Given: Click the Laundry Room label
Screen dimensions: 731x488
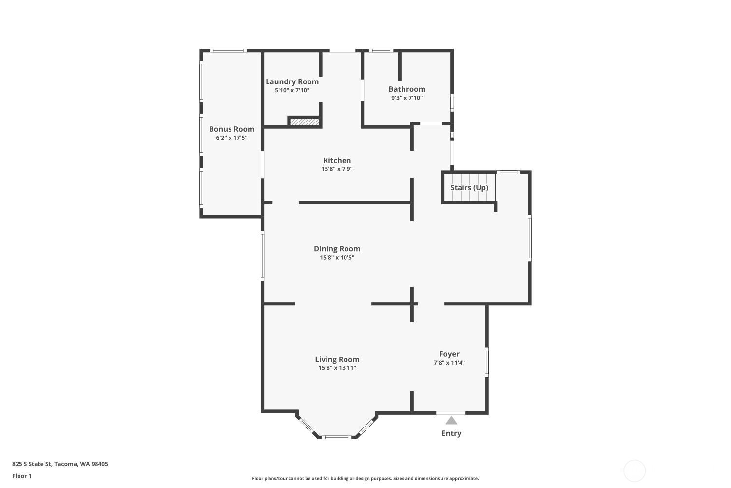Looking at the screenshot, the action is click(292, 81).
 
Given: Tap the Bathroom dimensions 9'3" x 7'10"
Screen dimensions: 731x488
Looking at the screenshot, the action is click(407, 98).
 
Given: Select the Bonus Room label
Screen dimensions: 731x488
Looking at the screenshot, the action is click(231, 129).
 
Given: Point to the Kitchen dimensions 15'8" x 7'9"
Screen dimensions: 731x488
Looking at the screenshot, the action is click(337, 169).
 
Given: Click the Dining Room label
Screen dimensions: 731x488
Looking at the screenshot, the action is click(337, 249).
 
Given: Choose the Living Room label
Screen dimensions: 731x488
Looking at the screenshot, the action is click(337, 359).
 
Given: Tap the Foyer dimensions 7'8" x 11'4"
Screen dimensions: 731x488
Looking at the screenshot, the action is click(449, 363).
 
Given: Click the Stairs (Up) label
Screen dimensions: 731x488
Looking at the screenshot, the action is click(469, 187).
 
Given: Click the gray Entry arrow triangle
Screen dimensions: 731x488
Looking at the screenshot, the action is click(451, 420).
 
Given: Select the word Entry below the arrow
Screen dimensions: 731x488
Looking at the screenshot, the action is click(451, 433).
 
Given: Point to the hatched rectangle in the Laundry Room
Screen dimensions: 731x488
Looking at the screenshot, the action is click(305, 122).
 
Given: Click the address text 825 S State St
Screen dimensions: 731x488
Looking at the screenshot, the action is click(32, 464).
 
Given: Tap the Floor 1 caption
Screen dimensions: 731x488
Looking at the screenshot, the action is click(22, 476).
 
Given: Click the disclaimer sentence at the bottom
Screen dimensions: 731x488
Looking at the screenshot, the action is click(365, 478).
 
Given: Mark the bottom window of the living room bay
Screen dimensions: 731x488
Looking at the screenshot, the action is click(337, 437).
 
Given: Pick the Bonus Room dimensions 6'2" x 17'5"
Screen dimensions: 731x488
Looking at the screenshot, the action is click(231, 138).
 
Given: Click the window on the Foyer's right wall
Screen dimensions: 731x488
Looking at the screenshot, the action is click(486, 362).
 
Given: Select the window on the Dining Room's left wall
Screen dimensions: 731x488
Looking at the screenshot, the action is click(262, 256).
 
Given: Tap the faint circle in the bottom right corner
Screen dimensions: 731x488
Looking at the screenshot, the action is click(635, 471).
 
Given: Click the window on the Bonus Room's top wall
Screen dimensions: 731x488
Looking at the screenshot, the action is click(228, 51).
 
